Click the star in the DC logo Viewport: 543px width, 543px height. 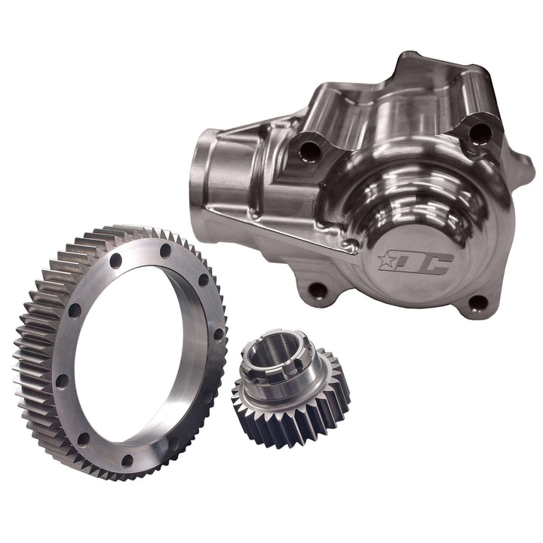385,260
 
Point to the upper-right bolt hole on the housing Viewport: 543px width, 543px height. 480,133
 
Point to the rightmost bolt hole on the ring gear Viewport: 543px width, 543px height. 218,333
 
